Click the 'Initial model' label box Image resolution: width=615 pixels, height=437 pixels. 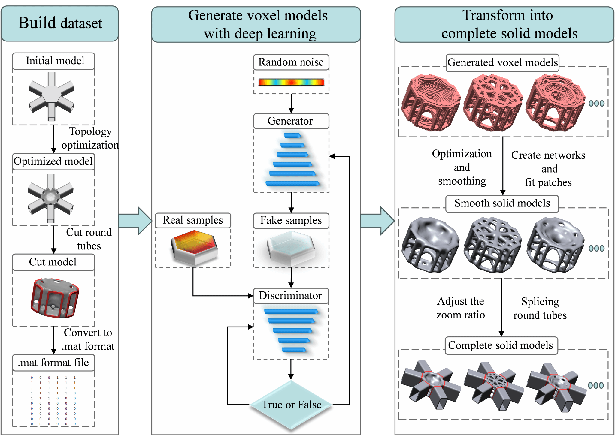[x=54, y=61]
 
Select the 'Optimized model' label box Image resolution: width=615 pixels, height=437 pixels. [x=53, y=161]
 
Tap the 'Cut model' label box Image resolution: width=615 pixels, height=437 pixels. [x=53, y=262]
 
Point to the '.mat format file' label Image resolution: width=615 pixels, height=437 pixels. [x=53, y=363]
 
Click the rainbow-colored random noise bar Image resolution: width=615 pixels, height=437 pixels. [x=291, y=82]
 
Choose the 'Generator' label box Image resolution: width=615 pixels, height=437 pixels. [x=291, y=121]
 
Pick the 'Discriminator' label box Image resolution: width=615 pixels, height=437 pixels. [x=291, y=296]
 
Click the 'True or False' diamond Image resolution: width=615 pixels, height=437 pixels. [x=291, y=405]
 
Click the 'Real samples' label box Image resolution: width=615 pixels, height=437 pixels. [x=193, y=220]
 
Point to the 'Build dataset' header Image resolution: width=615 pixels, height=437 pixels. [x=60, y=23]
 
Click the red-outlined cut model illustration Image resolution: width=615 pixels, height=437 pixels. [x=54, y=298]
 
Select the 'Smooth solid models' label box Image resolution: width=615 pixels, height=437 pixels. [x=502, y=203]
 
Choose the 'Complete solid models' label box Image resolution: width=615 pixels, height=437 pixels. [x=501, y=345]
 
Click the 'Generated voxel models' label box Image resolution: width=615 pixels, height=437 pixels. [x=502, y=63]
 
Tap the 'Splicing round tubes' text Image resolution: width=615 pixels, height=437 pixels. [x=540, y=308]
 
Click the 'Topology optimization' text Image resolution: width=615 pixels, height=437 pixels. [x=90, y=138]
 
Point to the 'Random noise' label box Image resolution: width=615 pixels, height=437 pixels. [x=291, y=62]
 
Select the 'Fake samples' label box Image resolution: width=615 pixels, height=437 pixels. [x=291, y=221]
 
